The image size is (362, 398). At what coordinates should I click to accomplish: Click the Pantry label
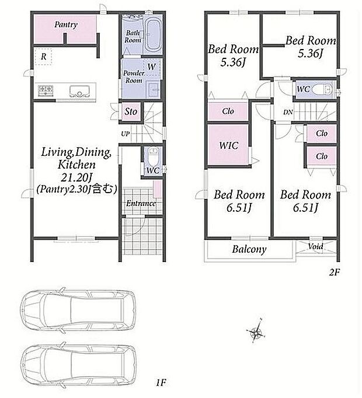[66, 25]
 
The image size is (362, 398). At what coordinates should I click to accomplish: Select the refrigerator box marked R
[43, 57]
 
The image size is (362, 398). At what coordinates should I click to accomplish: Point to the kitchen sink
[79, 91]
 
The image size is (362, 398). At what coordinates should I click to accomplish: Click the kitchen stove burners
[46, 90]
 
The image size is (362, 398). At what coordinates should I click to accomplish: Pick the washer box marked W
[152, 67]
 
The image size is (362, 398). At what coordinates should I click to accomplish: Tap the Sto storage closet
[131, 111]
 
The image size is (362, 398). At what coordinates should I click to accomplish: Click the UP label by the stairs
[125, 134]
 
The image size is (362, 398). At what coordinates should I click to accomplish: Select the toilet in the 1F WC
[153, 156]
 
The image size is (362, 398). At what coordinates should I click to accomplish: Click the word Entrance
[141, 203]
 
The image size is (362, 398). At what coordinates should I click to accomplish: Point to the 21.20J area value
[76, 177]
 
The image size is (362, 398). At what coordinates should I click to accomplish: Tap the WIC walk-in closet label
[229, 145]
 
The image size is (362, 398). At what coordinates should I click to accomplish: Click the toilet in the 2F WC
[322, 90]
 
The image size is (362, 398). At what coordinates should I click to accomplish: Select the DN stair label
[288, 112]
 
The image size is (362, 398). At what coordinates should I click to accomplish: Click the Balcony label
[249, 249]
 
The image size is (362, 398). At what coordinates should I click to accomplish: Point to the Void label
[315, 246]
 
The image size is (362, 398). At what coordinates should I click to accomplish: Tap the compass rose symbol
[256, 331]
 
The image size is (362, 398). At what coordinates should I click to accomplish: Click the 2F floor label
[334, 273]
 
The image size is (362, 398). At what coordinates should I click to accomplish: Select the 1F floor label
[161, 382]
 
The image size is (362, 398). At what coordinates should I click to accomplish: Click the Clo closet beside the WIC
[228, 111]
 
